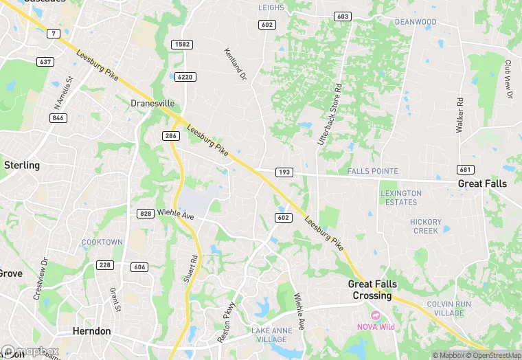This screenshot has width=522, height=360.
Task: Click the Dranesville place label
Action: pyautogui.click(x=152, y=103)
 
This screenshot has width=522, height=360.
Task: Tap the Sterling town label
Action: pyautogui.click(x=22, y=166)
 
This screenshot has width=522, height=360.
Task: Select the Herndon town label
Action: pyautogui.click(x=91, y=331)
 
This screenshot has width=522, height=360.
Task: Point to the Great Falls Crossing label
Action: pyautogui.click(x=371, y=290)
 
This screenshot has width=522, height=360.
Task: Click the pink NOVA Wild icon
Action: pyautogui.click(x=363, y=315)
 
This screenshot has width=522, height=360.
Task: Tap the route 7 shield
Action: pyautogui.click(x=53, y=34)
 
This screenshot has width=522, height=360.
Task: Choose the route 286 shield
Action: pyautogui.click(x=171, y=136)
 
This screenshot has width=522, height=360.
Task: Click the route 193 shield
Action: pyautogui.click(x=284, y=171)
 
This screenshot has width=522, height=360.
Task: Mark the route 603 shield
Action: pyautogui.click(x=342, y=16)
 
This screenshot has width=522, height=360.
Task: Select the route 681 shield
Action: pyautogui.click(x=465, y=170)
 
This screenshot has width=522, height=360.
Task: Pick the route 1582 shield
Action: pyautogui.click(x=183, y=45)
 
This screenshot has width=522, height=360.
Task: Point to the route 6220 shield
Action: pyautogui.click(x=184, y=77)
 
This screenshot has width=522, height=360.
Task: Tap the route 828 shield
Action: pyautogui.click(x=145, y=214)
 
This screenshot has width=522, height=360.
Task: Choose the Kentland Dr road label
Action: pyautogui.click(x=235, y=64)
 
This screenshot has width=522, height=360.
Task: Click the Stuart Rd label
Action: pyautogui.click(x=194, y=270)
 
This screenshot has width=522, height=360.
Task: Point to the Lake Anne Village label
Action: pyautogui.click(x=269, y=336)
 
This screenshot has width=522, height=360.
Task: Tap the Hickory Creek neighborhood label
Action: pyautogui.click(x=425, y=226)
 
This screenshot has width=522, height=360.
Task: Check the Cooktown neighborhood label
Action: pyautogui.click(x=102, y=242)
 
